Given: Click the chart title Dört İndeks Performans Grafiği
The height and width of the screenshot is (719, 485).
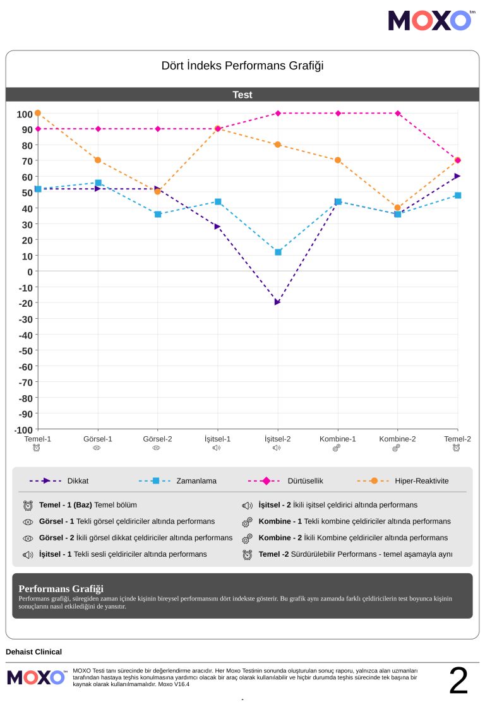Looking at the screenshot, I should (x=242, y=66).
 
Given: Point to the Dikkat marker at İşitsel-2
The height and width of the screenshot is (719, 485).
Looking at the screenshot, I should (x=277, y=302).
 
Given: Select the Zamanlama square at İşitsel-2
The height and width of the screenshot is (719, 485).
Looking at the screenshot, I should (x=278, y=252).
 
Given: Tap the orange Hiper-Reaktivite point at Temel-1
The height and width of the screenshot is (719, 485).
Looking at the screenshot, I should (x=38, y=113).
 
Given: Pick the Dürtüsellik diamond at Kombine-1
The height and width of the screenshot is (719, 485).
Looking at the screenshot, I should (x=338, y=113).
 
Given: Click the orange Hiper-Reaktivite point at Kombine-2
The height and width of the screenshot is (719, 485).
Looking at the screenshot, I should (x=398, y=208).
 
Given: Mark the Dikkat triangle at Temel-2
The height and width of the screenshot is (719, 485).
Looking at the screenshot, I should (x=457, y=176).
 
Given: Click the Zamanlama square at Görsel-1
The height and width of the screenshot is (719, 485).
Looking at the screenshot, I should (x=98, y=182).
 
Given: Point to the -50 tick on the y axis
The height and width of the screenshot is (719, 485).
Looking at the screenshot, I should (x=25, y=350).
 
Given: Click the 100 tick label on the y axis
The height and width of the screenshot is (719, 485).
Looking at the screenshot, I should (x=25, y=114).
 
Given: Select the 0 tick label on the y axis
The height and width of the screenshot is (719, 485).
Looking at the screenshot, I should (x=29, y=271).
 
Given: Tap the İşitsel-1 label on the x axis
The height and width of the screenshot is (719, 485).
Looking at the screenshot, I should (x=217, y=439).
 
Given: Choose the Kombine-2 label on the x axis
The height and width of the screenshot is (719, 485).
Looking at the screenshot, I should (x=397, y=439).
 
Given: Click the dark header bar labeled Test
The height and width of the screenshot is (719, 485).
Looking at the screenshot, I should (x=242, y=95).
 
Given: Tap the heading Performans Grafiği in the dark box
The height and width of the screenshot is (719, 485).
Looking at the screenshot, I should (x=61, y=588).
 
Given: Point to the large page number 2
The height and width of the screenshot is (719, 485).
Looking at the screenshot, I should (x=458, y=680).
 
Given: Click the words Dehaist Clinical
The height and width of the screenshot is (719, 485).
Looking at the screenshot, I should (x=33, y=651).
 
